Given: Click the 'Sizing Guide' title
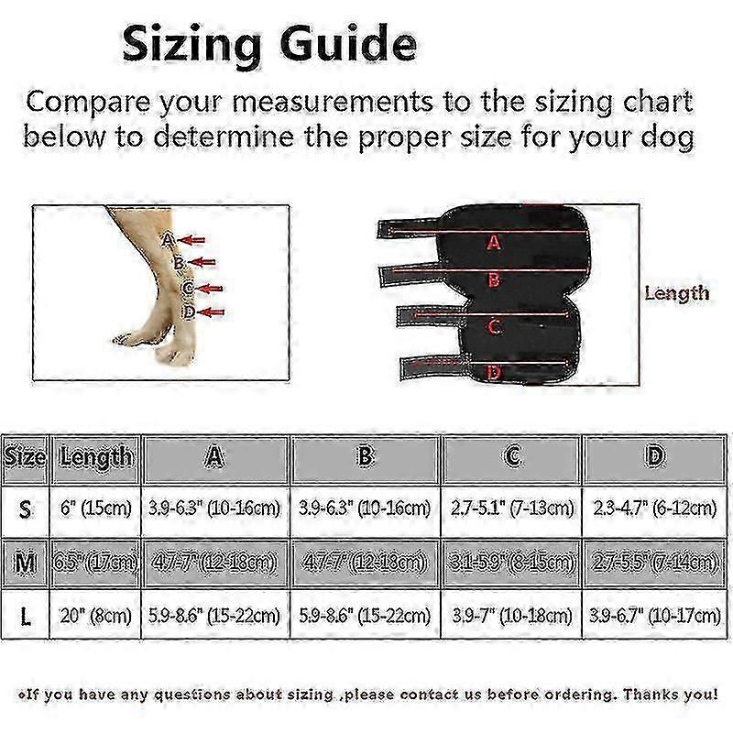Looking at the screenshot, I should click(269, 43).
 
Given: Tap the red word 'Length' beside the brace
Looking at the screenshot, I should click(676, 293).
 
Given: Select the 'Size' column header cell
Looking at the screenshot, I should click(25, 455).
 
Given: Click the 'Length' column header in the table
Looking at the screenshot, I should click(96, 455).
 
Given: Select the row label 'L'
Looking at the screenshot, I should click(25, 616).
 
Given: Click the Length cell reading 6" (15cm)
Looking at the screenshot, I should click(96, 507).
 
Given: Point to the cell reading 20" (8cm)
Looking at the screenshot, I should click(96, 616).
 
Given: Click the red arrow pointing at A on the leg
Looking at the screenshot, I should click(191, 241).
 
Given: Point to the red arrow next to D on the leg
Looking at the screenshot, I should click(212, 312).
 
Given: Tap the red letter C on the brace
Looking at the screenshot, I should click(493, 326).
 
